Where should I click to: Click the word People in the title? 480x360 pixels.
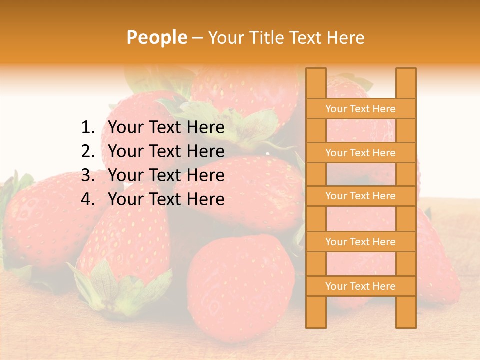pyautogui.click(x=156, y=37)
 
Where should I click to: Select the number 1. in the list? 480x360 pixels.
pyautogui.click(x=88, y=128)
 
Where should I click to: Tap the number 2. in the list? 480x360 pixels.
pyautogui.click(x=88, y=151)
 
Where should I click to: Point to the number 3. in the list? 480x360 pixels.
pyautogui.click(x=88, y=175)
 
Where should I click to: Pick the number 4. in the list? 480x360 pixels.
pyautogui.click(x=88, y=199)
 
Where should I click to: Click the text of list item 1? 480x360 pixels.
pyautogui.click(x=166, y=128)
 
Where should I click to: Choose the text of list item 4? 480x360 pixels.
pyautogui.click(x=166, y=199)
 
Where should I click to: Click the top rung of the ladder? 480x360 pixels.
pyautogui.click(x=360, y=109)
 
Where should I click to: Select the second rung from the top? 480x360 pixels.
pyautogui.click(x=360, y=153)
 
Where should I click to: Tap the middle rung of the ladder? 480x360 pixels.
pyautogui.click(x=360, y=196)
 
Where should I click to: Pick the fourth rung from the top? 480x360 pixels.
pyautogui.click(x=360, y=242)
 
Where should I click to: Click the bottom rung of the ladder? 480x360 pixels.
pyautogui.click(x=360, y=286)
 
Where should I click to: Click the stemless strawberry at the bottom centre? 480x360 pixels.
pyautogui.click(x=240, y=285)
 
